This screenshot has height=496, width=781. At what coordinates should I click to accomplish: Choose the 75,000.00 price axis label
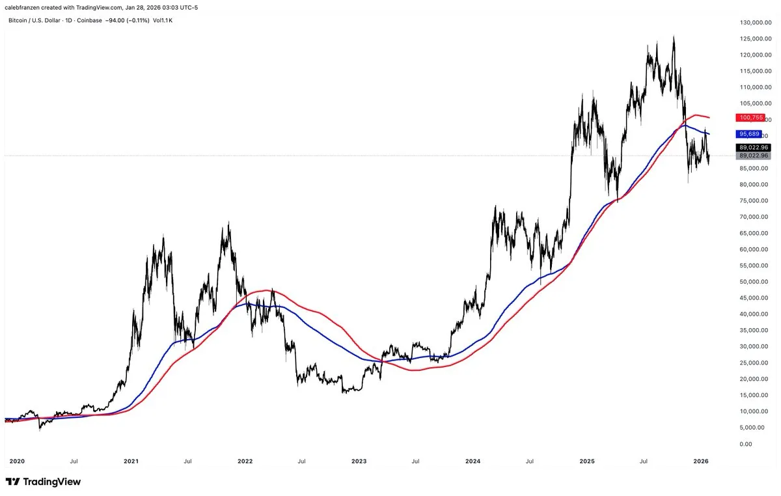click(755, 201)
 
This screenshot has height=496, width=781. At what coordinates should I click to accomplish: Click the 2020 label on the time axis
click(17, 461)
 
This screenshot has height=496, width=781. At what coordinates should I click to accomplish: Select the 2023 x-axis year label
click(359, 461)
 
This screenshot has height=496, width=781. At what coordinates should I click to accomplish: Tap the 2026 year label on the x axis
click(701, 461)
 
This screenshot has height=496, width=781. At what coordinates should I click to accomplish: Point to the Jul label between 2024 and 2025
click(530, 461)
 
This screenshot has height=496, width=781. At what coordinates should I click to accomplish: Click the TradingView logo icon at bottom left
click(13, 482)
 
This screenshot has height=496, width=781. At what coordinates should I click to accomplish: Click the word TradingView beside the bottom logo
click(52, 482)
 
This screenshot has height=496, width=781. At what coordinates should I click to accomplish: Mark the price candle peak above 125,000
click(674, 36)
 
